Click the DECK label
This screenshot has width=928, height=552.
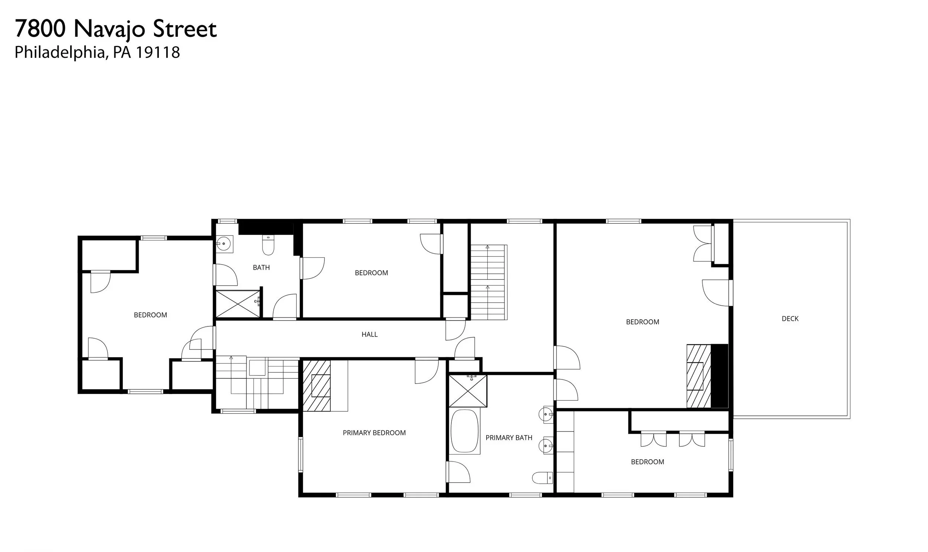click(790, 319)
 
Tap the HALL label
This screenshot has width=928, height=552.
click(369, 335)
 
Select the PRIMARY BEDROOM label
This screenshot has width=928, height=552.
click(374, 433)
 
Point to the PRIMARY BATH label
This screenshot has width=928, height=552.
click(509, 438)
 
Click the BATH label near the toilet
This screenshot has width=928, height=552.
click(261, 267)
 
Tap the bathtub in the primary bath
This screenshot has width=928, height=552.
click(464, 431)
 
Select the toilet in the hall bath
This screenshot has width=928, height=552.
click(268, 246)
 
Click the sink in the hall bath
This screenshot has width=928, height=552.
click(224, 244)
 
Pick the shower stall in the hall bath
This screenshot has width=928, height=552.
click(238, 304)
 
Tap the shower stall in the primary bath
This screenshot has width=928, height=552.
click(468, 391)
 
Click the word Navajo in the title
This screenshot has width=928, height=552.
click(109, 29)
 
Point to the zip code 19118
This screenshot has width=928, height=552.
click(157, 52)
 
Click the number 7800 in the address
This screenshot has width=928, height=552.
click(40, 29)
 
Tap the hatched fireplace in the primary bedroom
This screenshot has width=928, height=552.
click(317, 386)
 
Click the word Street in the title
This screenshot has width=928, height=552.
click(185, 29)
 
